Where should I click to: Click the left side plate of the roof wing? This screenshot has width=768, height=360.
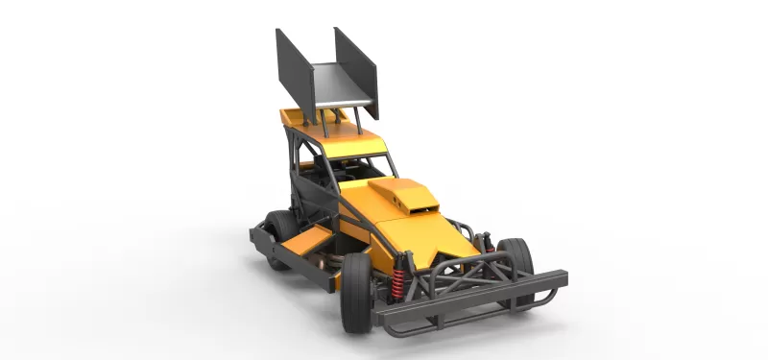click(295, 72)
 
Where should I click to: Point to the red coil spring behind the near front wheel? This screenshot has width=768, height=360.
click(396, 280)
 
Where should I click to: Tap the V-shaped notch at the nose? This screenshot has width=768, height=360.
click(446, 257)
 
